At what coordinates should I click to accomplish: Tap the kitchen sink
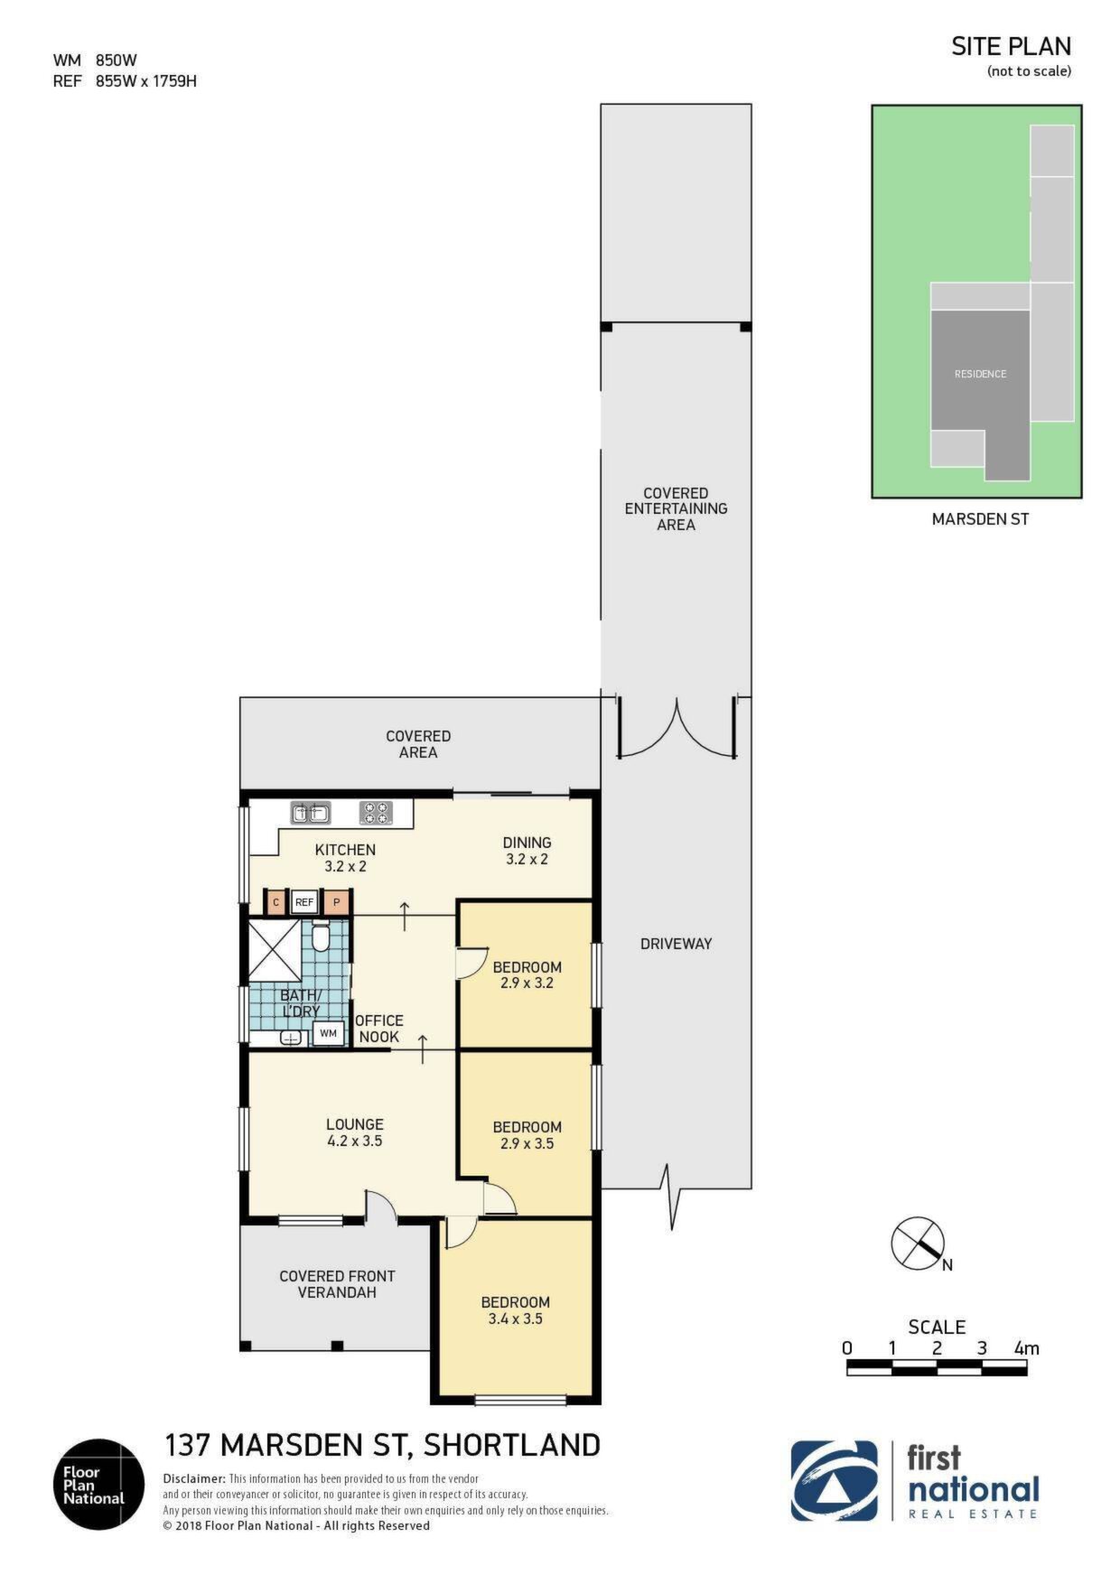(x=310, y=814)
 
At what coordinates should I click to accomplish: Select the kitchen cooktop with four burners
(x=376, y=814)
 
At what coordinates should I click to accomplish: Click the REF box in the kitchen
(x=304, y=902)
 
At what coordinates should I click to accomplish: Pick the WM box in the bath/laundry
(x=328, y=1033)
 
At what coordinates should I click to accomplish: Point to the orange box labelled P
(x=337, y=902)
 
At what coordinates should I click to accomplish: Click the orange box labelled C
(x=275, y=902)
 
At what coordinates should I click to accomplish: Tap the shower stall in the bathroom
(x=275, y=950)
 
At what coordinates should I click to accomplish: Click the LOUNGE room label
(x=355, y=1124)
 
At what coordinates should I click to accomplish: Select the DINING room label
(x=527, y=843)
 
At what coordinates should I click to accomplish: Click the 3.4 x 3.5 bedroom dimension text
(x=515, y=1318)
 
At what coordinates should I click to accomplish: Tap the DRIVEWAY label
(x=677, y=944)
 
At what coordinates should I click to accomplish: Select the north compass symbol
(x=919, y=1244)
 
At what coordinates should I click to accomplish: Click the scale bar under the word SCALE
(x=937, y=1367)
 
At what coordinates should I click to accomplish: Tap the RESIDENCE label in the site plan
(x=980, y=374)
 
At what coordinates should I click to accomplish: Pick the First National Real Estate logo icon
(x=835, y=1481)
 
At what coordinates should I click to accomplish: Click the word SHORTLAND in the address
(x=512, y=1446)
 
